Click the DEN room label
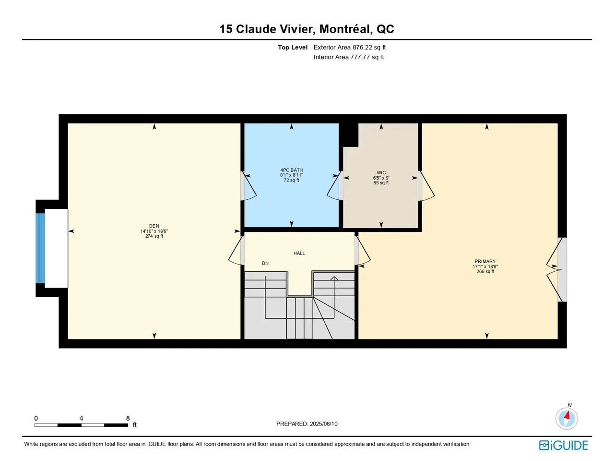(154, 226)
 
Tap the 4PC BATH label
(292, 170)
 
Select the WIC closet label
(381, 173)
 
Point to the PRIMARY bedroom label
(485, 261)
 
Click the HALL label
(299, 253)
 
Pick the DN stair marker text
(265, 263)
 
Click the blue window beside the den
(40, 248)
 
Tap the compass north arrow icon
(567, 418)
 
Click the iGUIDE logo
(563, 445)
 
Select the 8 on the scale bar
(128, 418)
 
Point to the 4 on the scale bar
(81, 418)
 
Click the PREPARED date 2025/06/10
(324, 424)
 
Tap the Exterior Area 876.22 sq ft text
(349, 48)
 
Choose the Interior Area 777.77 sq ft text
(349, 57)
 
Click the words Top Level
(293, 48)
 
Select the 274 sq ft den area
(154, 236)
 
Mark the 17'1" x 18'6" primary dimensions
(485, 267)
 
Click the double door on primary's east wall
(556, 269)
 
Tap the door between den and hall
(236, 250)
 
